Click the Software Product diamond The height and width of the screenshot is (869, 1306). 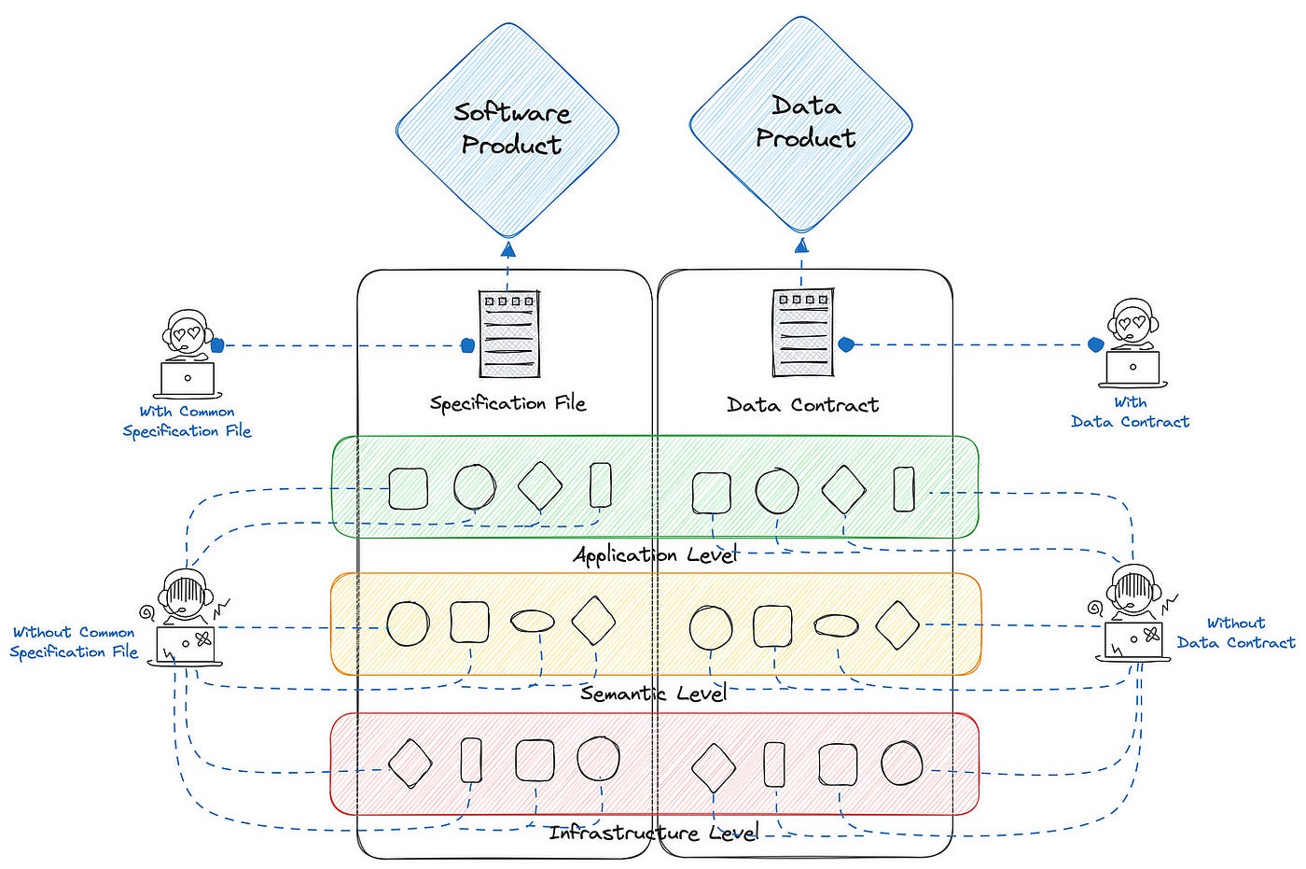[x=507, y=130]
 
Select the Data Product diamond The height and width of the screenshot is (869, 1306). [x=801, y=124]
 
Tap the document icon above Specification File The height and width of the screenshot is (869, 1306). [x=509, y=333]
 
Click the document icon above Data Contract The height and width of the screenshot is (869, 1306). [x=803, y=332]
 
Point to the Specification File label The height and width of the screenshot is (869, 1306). [x=507, y=403]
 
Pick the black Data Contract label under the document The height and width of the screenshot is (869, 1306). [x=803, y=405]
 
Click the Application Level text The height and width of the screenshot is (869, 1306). [x=656, y=554]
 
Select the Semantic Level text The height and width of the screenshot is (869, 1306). [x=654, y=693]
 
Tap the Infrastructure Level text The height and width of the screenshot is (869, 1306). [x=654, y=833]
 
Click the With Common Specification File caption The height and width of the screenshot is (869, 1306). [x=188, y=421]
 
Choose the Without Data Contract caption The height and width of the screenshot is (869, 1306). [x=1235, y=633]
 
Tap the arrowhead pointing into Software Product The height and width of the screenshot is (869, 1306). [x=508, y=249]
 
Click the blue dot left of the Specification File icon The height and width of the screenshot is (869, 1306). [x=467, y=346]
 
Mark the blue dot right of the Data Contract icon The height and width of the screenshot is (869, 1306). [x=846, y=344]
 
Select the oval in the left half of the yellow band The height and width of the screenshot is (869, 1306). [x=533, y=621]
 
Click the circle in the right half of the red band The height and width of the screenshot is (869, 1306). [x=901, y=764]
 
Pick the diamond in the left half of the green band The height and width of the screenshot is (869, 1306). [x=540, y=485]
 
